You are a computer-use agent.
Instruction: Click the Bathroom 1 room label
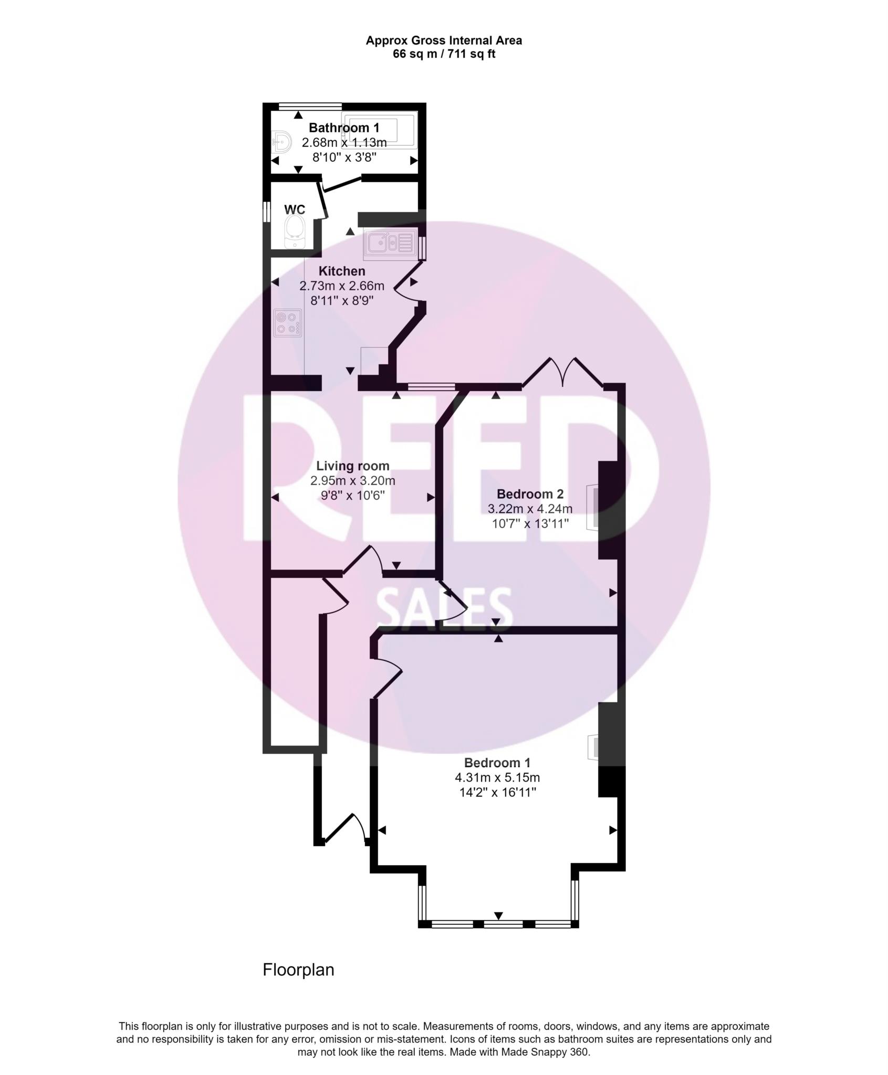click(x=344, y=128)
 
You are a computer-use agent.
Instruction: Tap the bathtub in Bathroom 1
click(x=379, y=128)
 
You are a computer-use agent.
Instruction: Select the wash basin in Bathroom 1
click(x=283, y=142)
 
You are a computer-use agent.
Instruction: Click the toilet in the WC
click(x=294, y=234)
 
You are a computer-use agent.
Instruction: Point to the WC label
click(x=294, y=209)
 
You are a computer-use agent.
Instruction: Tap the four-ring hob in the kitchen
click(x=288, y=323)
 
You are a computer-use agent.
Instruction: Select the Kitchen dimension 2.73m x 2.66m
click(x=342, y=286)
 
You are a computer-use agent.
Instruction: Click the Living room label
click(x=352, y=466)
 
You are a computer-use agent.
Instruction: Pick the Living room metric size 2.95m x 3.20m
click(x=352, y=480)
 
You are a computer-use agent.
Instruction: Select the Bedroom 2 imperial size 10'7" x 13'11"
click(x=530, y=523)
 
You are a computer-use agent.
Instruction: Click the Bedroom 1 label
click(x=497, y=763)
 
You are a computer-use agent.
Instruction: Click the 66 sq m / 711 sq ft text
click(x=444, y=54)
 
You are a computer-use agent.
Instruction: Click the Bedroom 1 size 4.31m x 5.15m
click(x=497, y=777)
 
